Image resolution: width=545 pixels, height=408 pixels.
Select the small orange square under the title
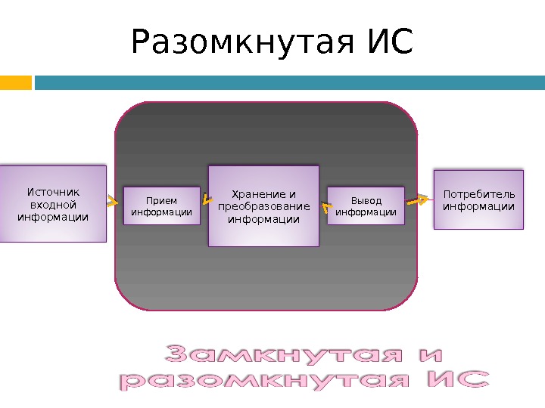(15, 82)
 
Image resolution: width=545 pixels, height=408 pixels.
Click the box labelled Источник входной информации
(52, 204)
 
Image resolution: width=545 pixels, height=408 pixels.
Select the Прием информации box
(161, 206)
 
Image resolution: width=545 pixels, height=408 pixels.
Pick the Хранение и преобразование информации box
(263, 206)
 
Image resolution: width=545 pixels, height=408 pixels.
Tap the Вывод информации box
(366, 206)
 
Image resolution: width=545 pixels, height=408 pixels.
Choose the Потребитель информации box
(478, 199)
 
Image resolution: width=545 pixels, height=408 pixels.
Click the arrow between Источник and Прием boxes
(113, 202)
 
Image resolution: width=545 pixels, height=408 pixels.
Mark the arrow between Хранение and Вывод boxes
(325, 205)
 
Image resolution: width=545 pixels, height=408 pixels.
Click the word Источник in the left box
(53, 192)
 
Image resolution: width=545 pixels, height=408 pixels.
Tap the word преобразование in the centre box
(263, 207)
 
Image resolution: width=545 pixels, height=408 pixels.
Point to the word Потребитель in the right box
(478, 194)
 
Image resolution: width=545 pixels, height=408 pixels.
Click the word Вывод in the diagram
(366, 201)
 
